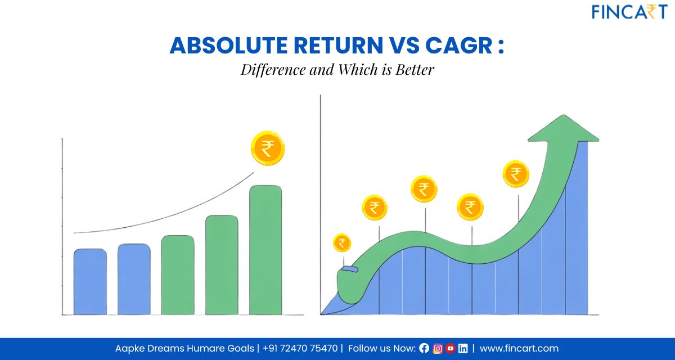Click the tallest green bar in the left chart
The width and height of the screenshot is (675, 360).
tap(265, 250)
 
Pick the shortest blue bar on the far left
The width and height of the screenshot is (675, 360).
tap(90, 281)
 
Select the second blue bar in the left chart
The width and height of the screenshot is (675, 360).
tap(134, 279)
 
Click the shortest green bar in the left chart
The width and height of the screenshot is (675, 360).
tap(178, 275)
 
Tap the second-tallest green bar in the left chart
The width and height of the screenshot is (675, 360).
tap(222, 265)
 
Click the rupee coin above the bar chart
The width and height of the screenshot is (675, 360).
tap(268, 148)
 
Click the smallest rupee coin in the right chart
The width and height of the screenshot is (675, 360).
tap(341, 243)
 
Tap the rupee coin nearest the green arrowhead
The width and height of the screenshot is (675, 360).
tap(516, 174)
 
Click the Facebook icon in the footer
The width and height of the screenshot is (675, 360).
tap(424, 348)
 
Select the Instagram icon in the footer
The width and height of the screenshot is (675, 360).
tap(437, 348)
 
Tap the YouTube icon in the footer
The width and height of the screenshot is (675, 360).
tap(450, 348)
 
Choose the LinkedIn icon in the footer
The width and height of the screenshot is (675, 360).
tap(463, 348)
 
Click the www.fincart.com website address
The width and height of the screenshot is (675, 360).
tap(519, 348)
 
